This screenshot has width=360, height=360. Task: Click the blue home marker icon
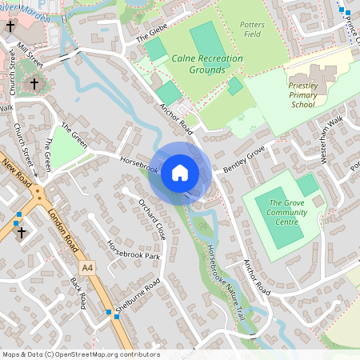click(180, 172)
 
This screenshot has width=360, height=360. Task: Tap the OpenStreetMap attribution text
click(80, 354)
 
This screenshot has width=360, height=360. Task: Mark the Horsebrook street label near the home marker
click(138, 162)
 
